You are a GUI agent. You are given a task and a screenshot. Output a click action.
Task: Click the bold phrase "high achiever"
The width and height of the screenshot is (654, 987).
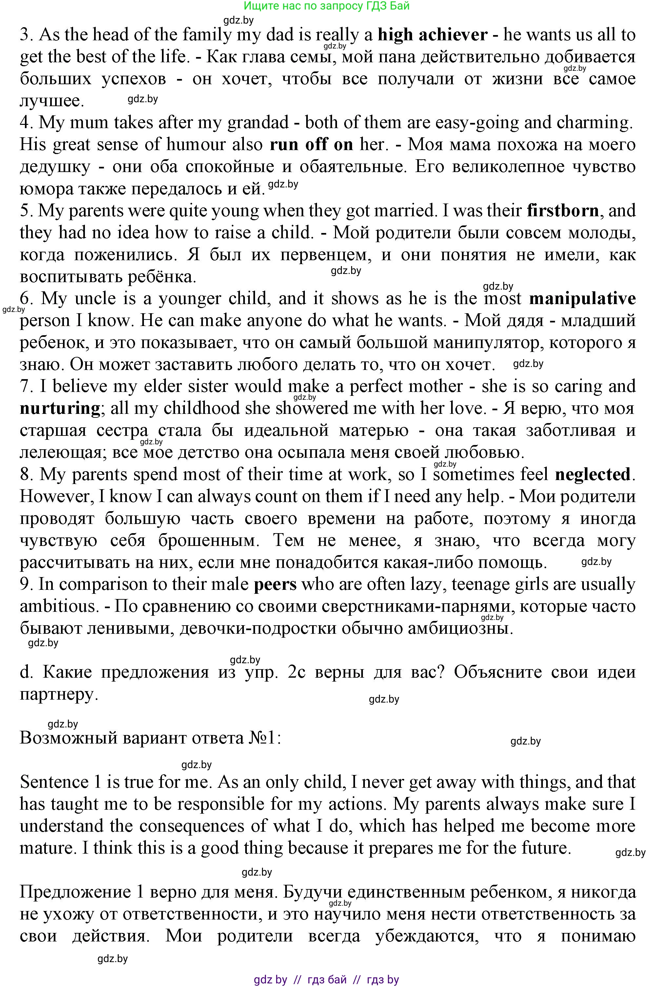point(432,35)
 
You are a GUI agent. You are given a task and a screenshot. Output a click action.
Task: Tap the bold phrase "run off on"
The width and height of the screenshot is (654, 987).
point(311,145)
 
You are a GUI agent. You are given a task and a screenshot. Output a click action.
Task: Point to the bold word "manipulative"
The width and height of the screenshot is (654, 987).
point(582,299)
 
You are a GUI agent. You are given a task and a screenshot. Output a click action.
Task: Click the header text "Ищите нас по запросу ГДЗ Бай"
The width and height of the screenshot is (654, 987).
point(327,6)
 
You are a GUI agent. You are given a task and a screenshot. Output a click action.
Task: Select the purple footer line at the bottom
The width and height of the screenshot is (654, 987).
point(327,979)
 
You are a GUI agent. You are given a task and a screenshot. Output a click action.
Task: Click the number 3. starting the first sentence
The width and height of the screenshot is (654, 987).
point(26,35)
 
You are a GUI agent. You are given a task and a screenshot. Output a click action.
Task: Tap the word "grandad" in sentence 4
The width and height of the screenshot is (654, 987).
point(258,123)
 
